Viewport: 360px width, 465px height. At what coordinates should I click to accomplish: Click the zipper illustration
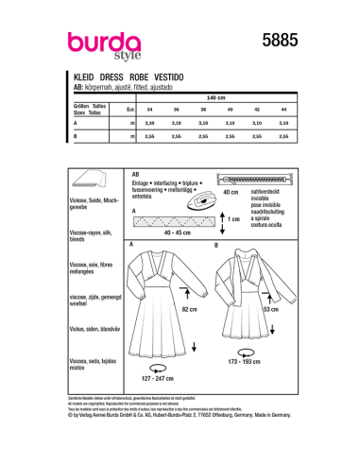[252, 179]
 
